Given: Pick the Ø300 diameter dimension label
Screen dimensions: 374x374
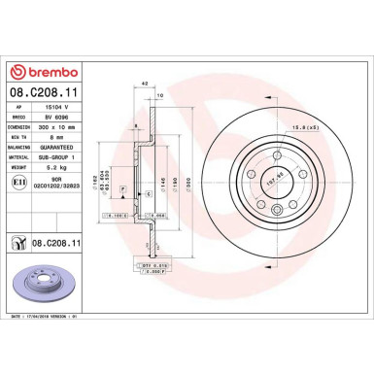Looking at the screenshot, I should pyautogui.click(x=191, y=180).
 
